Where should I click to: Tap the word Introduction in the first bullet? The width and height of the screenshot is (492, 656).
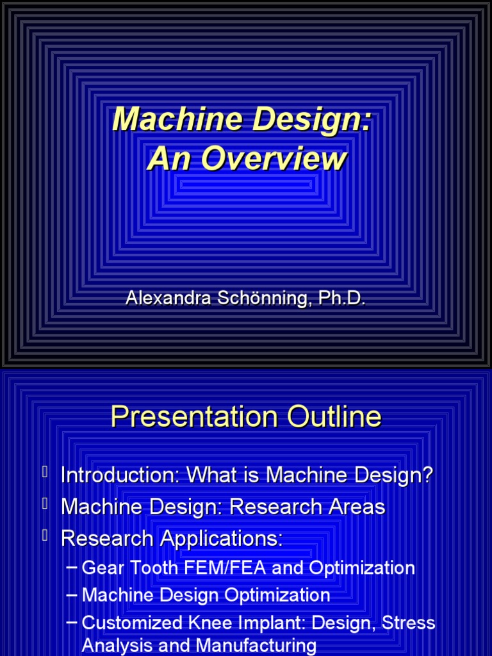click(x=120, y=475)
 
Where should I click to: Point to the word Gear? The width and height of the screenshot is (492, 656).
click(x=101, y=568)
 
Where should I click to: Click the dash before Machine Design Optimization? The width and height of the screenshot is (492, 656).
click(x=72, y=595)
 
